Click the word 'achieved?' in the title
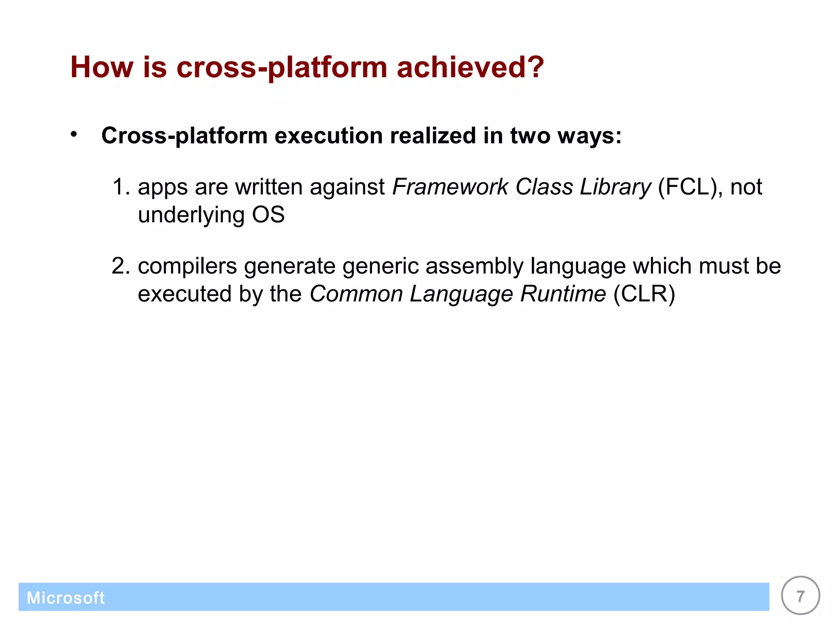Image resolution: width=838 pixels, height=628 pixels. click(x=470, y=67)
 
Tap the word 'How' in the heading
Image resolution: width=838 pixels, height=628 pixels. click(x=101, y=67)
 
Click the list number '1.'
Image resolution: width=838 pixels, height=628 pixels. click(x=121, y=187)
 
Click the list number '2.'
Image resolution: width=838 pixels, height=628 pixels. click(x=121, y=266)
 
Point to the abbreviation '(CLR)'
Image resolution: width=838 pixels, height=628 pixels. click(x=644, y=294)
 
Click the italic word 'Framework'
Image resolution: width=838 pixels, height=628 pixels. click(x=450, y=187)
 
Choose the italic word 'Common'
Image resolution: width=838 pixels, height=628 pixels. click(x=356, y=294)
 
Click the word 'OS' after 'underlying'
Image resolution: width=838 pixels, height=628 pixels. click(x=268, y=215)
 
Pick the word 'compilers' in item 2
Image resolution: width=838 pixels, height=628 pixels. click(x=187, y=266)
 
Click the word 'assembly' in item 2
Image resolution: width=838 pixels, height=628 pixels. click(x=474, y=266)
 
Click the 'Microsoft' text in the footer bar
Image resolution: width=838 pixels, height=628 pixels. click(x=65, y=598)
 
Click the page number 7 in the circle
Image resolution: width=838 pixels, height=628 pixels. click(x=800, y=596)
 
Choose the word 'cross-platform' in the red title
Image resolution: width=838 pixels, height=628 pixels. click(x=282, y=67)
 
